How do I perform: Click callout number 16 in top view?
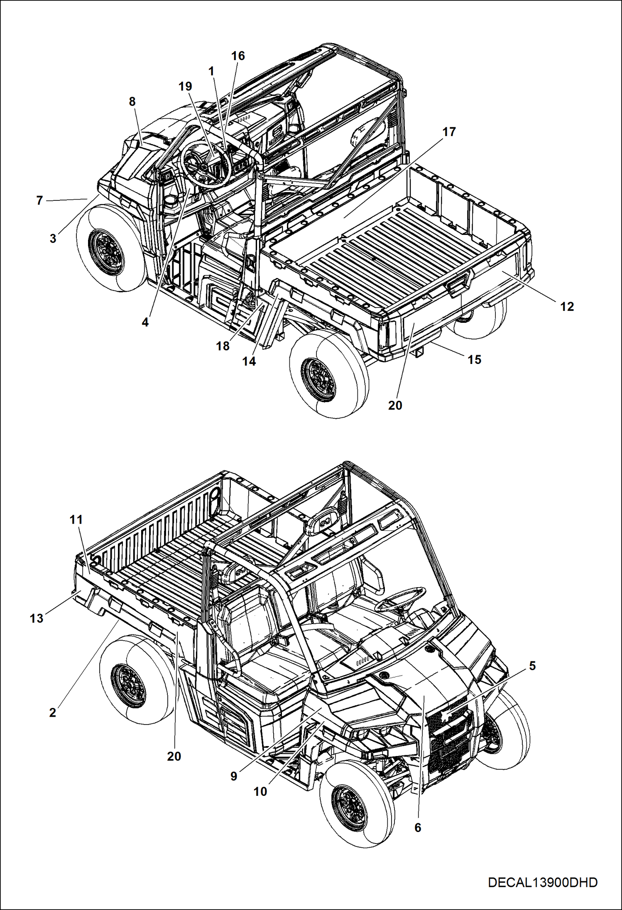pyautogui.click(x=238, y=56)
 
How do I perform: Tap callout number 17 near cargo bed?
pyautogui.click(x=449, y=132)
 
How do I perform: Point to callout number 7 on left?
pyautogui.click(x=39, y=200)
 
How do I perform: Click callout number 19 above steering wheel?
pyautogui.click(x=185, y=86)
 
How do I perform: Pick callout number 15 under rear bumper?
pyautogui.click(x=474, y=359)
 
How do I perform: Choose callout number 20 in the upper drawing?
pyautogui.click(x=395, y=405)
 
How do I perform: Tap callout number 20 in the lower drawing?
pyautogui.click(x=174, y=756)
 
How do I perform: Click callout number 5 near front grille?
pyautogui.click(x=532, y=666)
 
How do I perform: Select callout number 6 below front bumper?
pyautogui.click(x=418, y=827)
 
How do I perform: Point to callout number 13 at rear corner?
pyautogui.click(x=37, y=618)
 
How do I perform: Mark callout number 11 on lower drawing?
pyautogui.click(x=76, y=519)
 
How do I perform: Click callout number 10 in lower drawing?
pyautogui.click(x=260, y=791)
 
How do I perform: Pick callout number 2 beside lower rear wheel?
pyautogui.click(x=52, y=712)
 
